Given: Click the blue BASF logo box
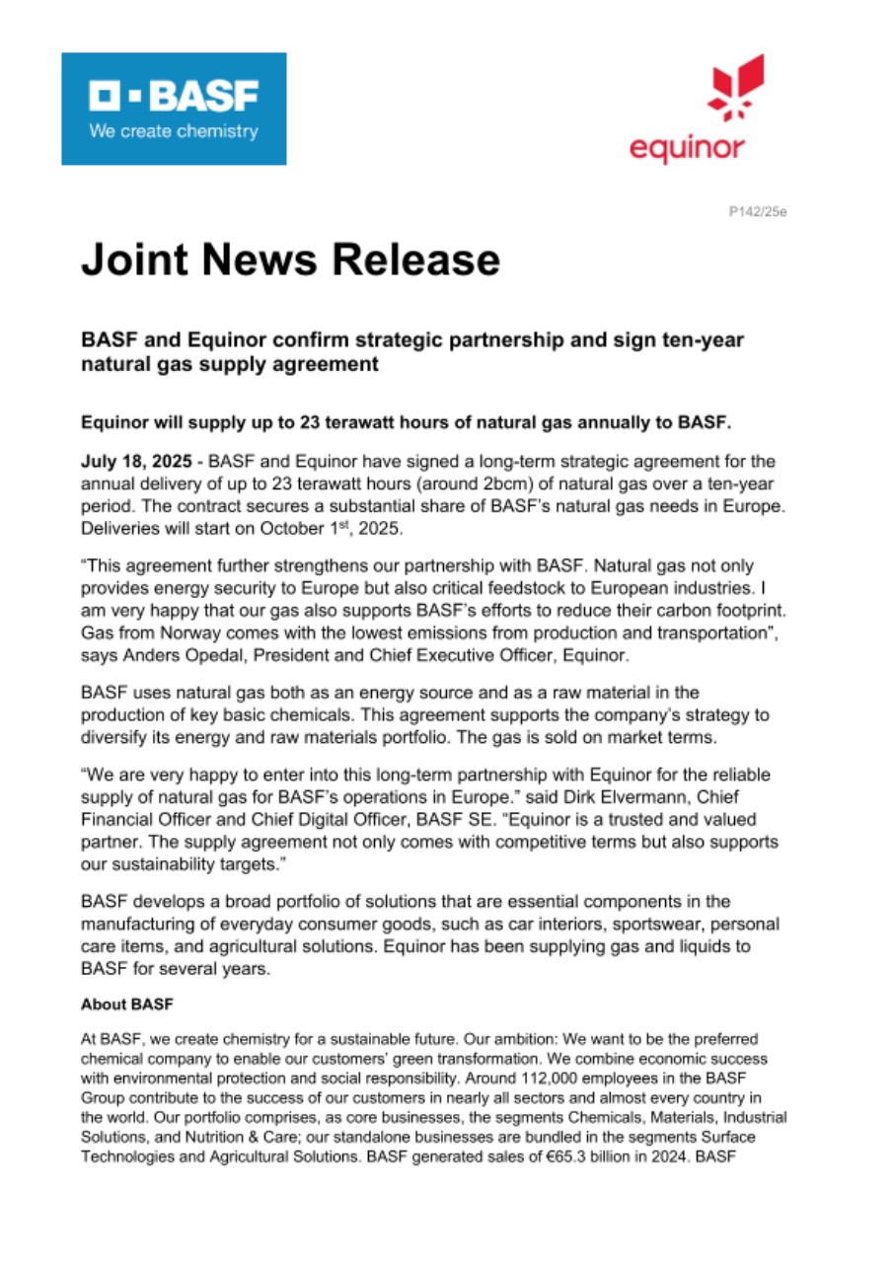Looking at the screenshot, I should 174,109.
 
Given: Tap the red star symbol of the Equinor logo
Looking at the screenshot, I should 736,88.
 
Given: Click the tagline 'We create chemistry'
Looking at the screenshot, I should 174,131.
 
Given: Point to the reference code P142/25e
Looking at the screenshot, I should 758,211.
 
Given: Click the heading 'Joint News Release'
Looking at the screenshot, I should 290,260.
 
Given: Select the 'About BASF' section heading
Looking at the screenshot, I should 126,1006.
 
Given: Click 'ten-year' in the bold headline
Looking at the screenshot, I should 707,340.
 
